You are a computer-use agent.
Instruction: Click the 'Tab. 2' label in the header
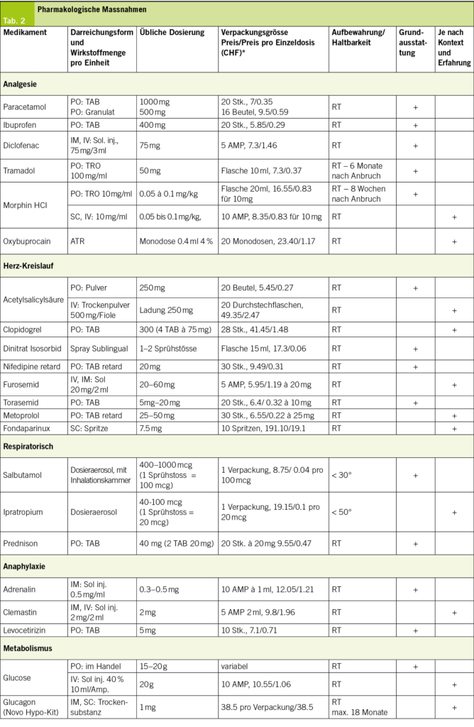click(x=13, y=21)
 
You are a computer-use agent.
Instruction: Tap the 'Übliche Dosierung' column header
click(x=172, y=33)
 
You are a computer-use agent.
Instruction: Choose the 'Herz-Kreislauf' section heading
click(x=31, y=266)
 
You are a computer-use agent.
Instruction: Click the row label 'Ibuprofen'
click(x=23, y=125)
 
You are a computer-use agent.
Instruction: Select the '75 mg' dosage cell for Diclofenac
click(x=150, y=146)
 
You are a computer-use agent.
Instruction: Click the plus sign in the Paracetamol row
click(x=415, y=107)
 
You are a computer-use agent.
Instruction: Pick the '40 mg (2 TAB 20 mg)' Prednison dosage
click(x=177, y=543)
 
